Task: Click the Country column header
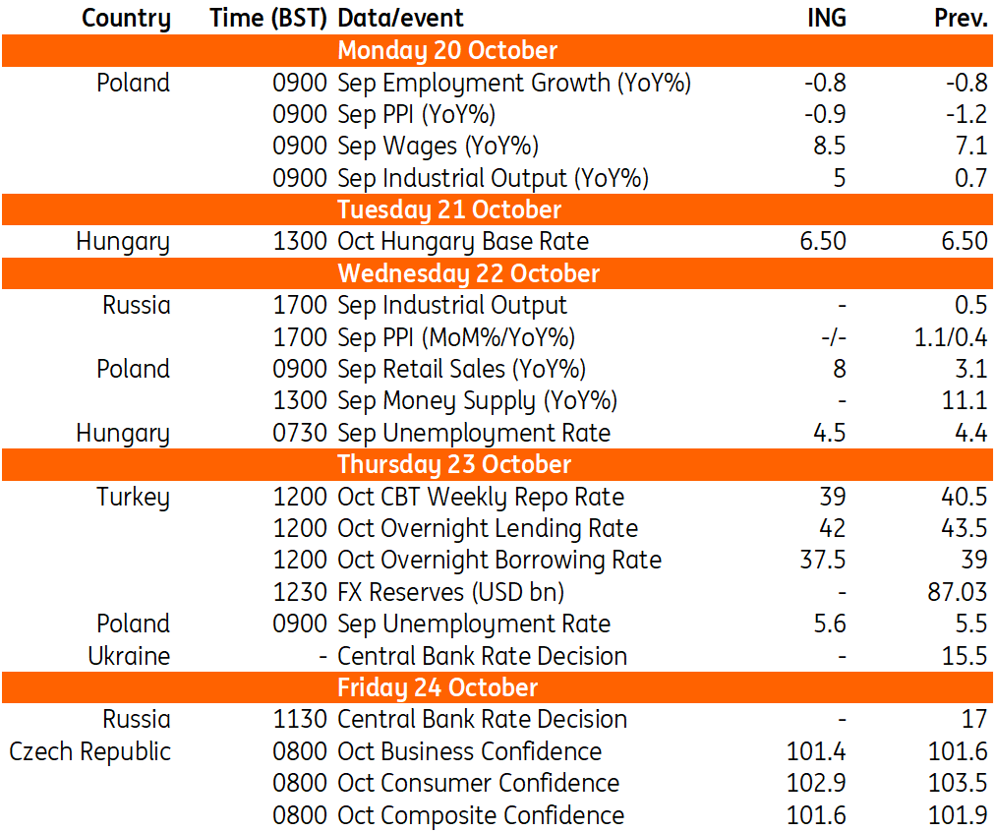pyautogui.click(x=126, y=19)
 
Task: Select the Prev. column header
pyautogui.click(x=961, y=18)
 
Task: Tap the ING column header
pyautogui.click(x=827, y=18)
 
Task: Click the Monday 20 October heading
pyautogui.click(x=447, y=51)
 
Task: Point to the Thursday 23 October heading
pyautogui.click(x=454, y=464)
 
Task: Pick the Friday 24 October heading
pyautogui.click(x=438, y=687)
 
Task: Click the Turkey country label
pyautogui.click(x=133, y=497)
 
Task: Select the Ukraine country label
pyautogui.click(x=130, y=656)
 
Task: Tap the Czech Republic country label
pyautogui.click(x=90, y=751)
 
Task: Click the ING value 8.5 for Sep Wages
pyautogui.click(x=830, y=146)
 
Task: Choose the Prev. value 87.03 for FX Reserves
pyautogui.click(x=958, y=592)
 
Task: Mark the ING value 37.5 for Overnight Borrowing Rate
pyautogui.click(x=823, y=560)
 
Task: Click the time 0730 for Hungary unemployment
pyautogui.click(x=300, y=433)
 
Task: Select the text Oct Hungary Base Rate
pyautogui.click(x=463, y=242)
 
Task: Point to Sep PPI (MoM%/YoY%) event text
pyautogui.click(x=456, y=337)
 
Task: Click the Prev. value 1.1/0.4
pyautogui.click(x=951, y=337)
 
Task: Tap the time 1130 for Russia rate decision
pyautogui.click(x=300, y=719)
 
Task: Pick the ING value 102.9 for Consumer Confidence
pyautogui.click(x=816, y=783)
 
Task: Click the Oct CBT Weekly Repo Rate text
pyautogui.click(x=481, y=497)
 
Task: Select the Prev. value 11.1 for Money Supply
pyautogui.click(x=965, y=401)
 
